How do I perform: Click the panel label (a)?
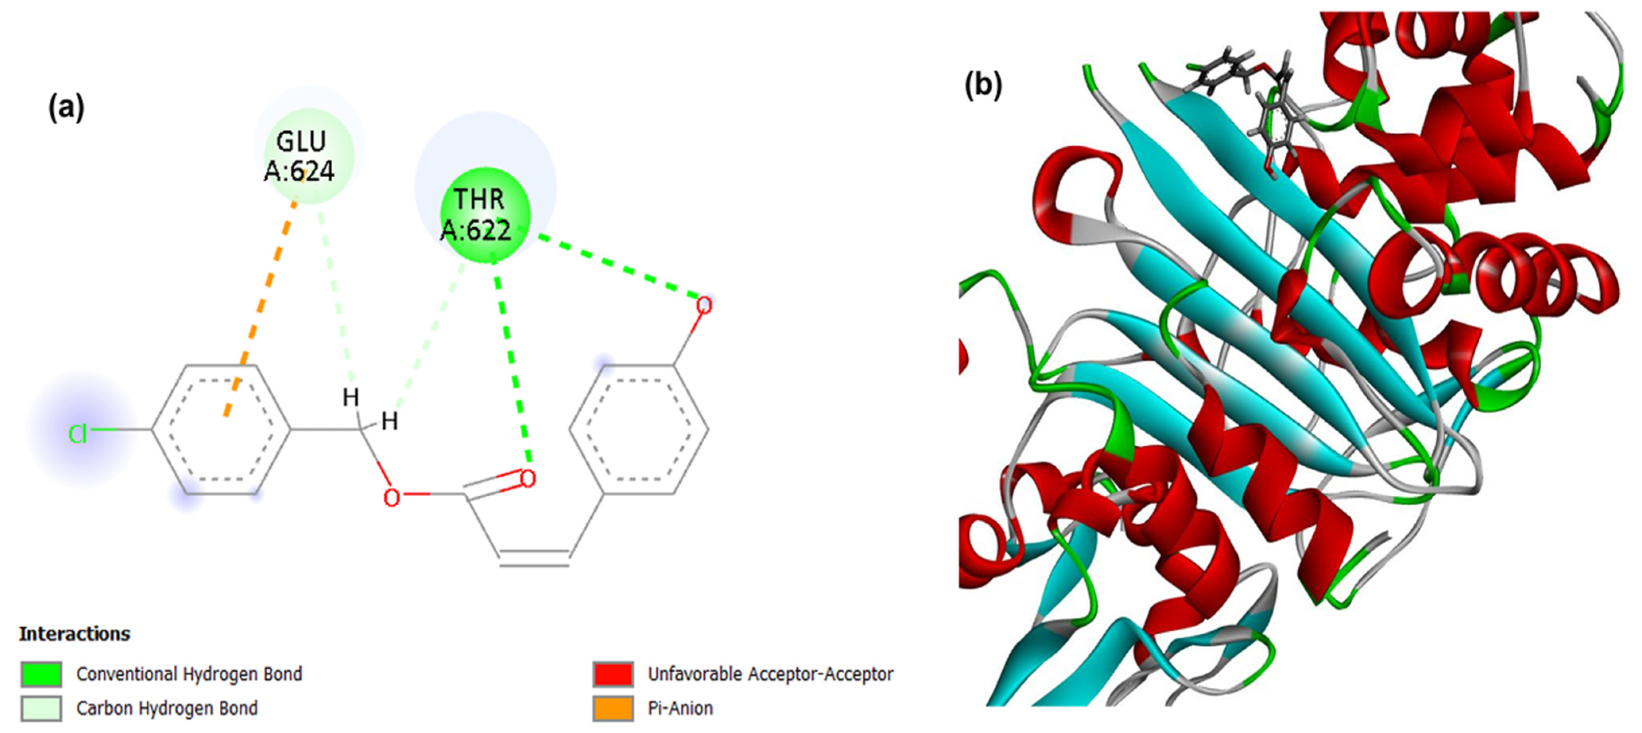[x=66, y=107]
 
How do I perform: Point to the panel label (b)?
[x=982, y=85]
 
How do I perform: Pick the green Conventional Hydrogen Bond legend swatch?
[x=41, y=674]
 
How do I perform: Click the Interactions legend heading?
[x=75, y=634]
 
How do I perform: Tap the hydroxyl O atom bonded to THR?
[x=703, y=306]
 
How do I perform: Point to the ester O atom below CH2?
[x=392, y=498]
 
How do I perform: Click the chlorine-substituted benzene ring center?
[x=221, y=430]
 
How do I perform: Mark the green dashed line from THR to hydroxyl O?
[x=618, y=268]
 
